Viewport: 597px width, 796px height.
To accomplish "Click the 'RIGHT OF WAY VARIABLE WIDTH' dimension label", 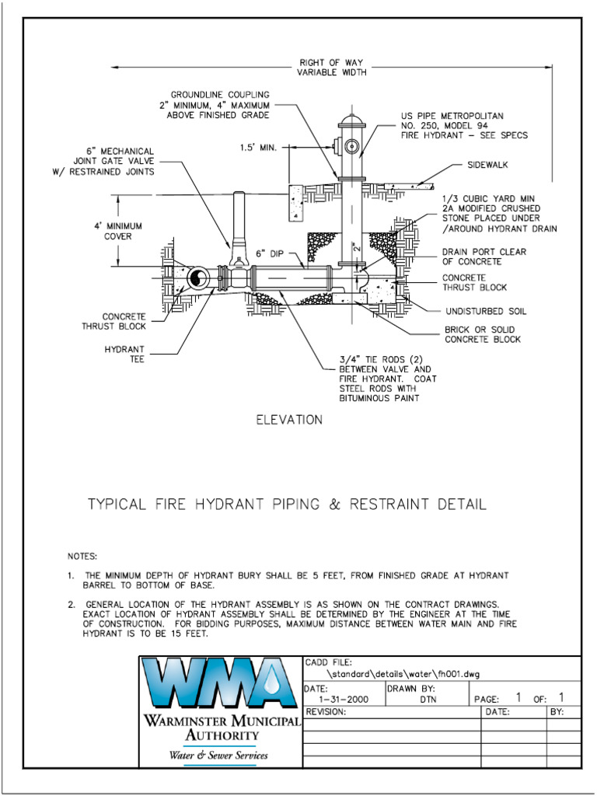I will pos(331,68).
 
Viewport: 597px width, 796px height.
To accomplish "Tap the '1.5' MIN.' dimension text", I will pos(258,146).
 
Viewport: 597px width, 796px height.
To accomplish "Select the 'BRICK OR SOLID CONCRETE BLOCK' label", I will pos(482,334).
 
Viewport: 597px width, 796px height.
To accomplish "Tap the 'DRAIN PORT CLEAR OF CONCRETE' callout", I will pos(484,257).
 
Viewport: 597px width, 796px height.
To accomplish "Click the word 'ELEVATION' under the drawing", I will pos(289,420).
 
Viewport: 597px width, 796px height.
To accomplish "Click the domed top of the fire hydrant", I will pos(351,123).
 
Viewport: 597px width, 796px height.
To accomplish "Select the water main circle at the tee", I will pos(197,278).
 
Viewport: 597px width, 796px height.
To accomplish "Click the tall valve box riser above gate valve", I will pos(240,218).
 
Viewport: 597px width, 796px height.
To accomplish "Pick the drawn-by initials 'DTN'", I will pos(418,700).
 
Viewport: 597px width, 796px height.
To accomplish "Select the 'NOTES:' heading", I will pos(82,557).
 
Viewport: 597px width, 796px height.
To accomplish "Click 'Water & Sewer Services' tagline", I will pos(218,755).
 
